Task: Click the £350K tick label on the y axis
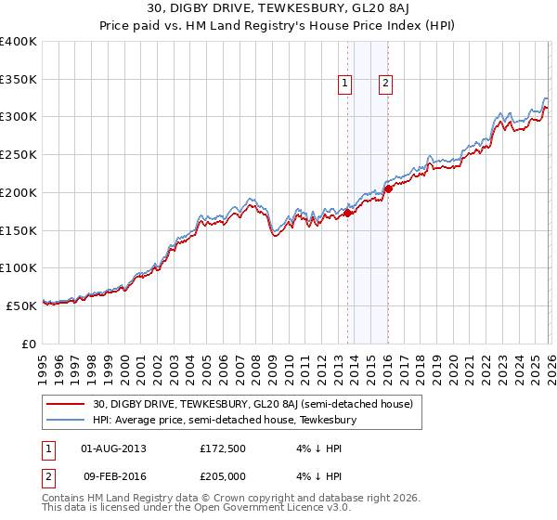[x=19, y=80]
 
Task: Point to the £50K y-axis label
[x=21, y=305]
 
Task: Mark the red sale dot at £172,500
[x=347, y=213]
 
